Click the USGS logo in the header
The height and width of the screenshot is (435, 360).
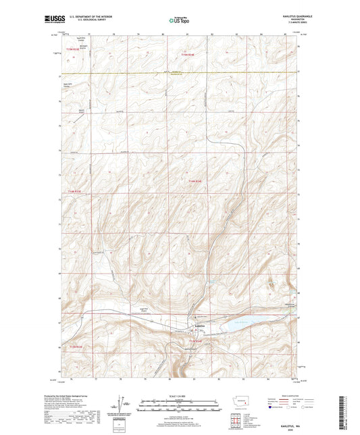coord(51,21)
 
